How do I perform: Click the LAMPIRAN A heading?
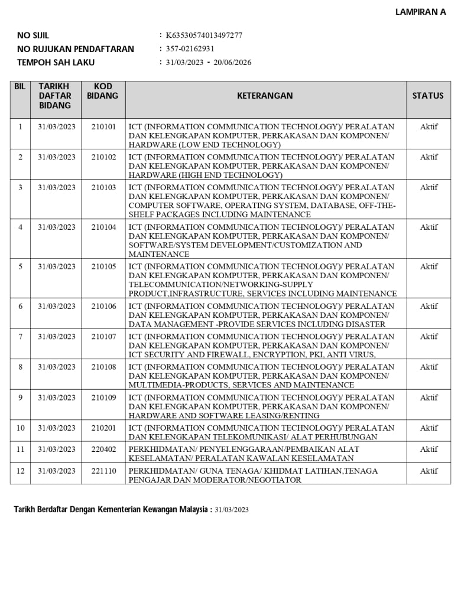point(420,12)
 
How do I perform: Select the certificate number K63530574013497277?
point(204,35)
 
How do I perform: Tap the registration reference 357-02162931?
point(190,49)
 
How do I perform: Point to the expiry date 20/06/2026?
point(232,63)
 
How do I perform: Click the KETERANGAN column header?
point(265,96)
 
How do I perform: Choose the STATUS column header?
point(427,96)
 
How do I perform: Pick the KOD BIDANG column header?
point(103,91)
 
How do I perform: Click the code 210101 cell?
point(103,126)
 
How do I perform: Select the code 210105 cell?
point(103,266)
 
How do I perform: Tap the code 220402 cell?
point(103,449)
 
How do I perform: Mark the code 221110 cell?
point(103,471)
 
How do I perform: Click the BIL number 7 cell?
point(20,337)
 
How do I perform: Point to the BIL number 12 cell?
point(20,471)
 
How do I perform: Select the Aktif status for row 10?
point(428,428)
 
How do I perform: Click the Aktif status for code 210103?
point(428,187)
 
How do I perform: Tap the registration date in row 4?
point(57,227)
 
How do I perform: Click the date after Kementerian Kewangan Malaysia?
point(232,510)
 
